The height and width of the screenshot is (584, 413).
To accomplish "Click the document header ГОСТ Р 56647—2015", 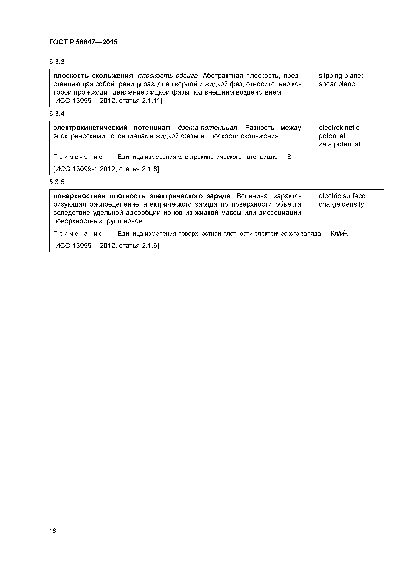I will [83, 42].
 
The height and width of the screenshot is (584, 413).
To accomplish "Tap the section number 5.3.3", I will [57, 62].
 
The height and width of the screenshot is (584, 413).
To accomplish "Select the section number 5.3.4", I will [57, 114].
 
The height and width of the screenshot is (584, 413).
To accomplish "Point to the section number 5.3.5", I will [57, 182].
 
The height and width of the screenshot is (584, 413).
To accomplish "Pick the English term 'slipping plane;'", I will [341, 76].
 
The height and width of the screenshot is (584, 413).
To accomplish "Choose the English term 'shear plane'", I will [336, 84].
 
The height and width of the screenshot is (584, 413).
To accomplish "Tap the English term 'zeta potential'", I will [339, 145].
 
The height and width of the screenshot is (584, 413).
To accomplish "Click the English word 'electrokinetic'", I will [339, 128].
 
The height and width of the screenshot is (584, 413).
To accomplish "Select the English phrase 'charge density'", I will [341, 204].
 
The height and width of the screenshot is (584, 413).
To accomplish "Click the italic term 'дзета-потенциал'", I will [207, 128].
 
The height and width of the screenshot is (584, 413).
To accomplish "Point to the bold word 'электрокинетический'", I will [90, 128].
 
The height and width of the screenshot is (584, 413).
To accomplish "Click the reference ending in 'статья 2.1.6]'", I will [106, 246].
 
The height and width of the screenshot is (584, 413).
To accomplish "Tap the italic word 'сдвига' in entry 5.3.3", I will [187, 76].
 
